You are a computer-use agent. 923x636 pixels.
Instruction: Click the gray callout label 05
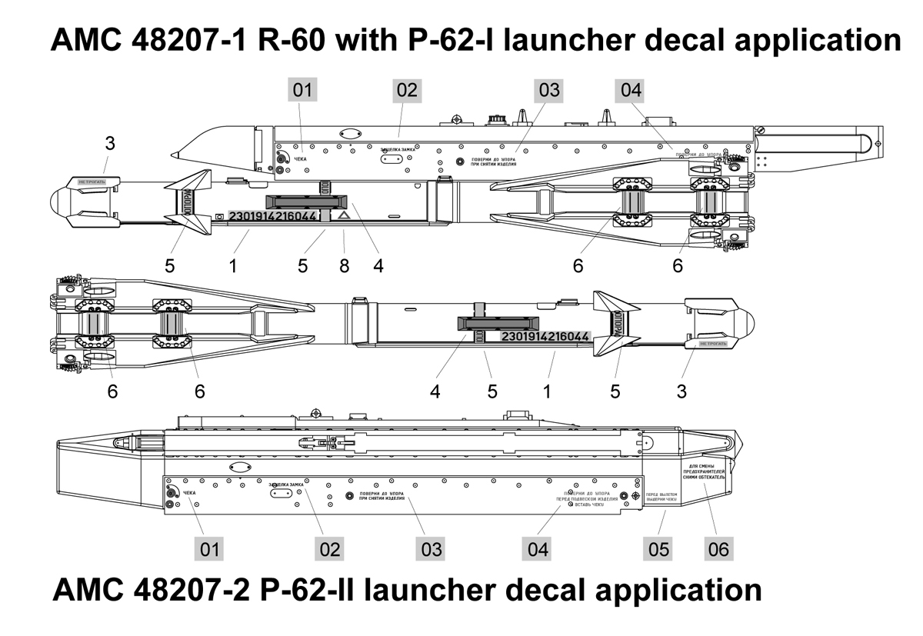[659, 549]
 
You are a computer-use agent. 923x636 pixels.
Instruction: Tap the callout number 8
[345, 265]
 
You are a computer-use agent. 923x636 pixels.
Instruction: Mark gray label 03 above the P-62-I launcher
[550, 90]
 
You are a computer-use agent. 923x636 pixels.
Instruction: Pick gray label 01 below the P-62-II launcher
[210, 549]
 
